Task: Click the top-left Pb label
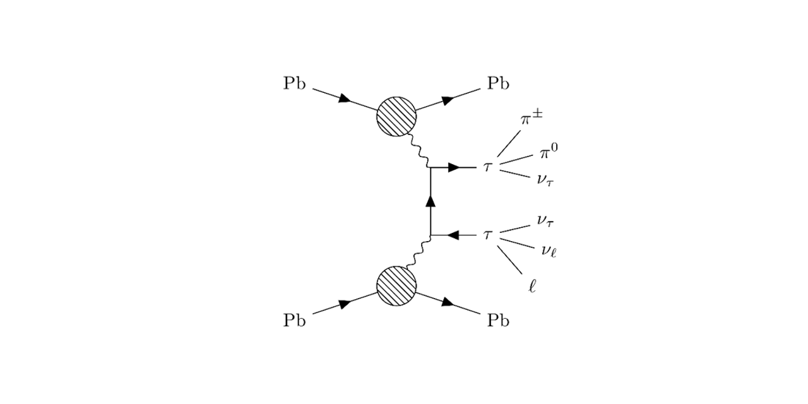point(294,84)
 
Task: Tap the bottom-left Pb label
point(294,321)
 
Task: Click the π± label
point(528,119)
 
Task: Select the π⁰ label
point(549,153)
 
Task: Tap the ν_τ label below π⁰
point(546,180)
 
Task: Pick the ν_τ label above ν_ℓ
point(546,220)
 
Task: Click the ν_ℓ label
point(548,252)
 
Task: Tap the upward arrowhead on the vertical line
point(431,201)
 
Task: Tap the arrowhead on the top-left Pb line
point(345,99)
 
